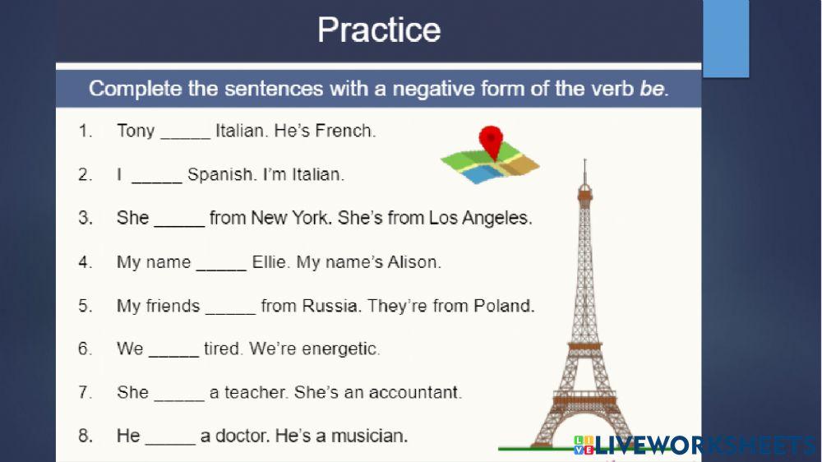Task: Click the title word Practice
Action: pyautogui.click(x=379, y=30)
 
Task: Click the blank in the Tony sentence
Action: pyautogui.click(x=185, y=132)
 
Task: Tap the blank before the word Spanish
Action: pyautogui.click(x=156, y=175)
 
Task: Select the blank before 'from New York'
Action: pyautogui.click(x=179, y=219)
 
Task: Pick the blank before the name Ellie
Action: pyautogui.click(x=221, y=263)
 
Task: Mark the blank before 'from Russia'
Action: pyautogui.click(x=230, y=307)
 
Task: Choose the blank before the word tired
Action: pyautogui.click(x=173, y=349)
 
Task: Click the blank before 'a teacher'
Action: pyautogui.click(x=179, y=393)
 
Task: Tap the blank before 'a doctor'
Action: pyautogui.click(x=170, y=437)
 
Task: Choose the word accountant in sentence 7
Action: pyautogui.click(x=415, y=393)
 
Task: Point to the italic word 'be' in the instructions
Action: pyautogui.click(x=651, y=89)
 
